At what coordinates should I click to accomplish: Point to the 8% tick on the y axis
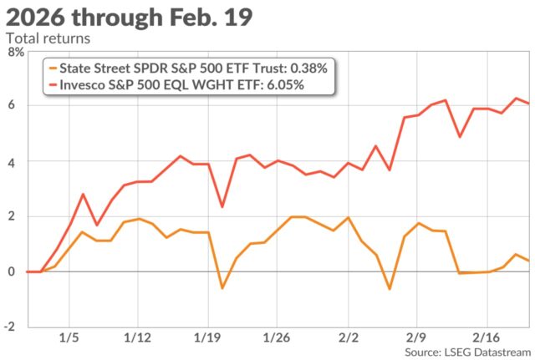15,51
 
